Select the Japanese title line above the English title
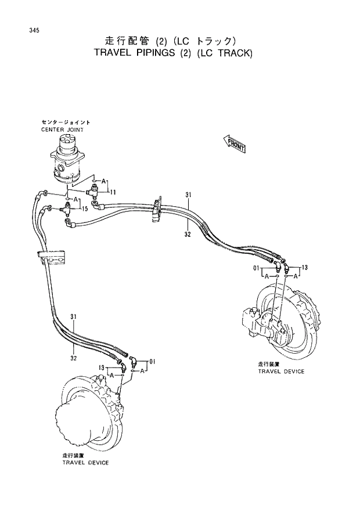click(x=170, y=41)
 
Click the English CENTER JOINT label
click(x=62, y=130)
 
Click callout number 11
click(x=113, y=192)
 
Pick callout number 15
click(x=85, y=208)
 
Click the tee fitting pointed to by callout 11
click(x=93, y=191)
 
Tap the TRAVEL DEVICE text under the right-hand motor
click(x=281, y=371)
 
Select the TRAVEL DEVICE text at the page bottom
click(x=85, y=463)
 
